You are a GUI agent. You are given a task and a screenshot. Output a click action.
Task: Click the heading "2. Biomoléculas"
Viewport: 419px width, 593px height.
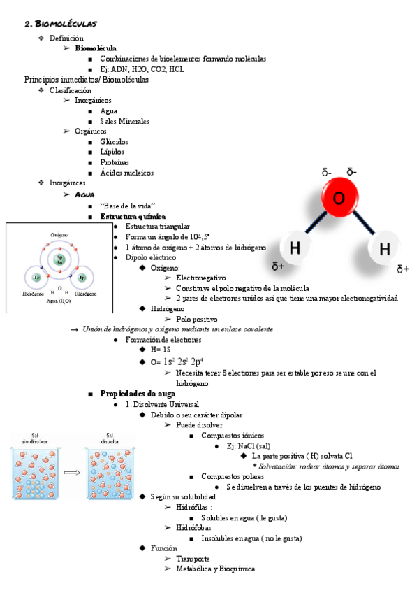[61, 24]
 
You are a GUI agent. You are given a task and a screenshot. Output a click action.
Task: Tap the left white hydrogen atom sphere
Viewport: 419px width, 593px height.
[295, 248]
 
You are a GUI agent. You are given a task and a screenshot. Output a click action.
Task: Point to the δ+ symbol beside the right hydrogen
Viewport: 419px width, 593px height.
[403, 269]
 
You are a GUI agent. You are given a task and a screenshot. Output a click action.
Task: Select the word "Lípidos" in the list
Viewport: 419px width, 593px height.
[112, 152]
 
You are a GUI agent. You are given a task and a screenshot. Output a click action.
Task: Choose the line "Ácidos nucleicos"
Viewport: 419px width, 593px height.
[126, 173]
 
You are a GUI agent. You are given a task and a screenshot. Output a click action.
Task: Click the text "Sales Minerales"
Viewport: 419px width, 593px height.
[124, 121]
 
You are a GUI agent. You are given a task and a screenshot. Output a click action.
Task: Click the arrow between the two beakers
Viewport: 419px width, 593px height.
[71, 473]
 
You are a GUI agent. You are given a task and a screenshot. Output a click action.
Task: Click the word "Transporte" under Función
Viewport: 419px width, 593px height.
[193, 559]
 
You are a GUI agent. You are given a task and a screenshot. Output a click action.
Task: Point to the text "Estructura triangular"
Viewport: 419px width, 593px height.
[157, 227]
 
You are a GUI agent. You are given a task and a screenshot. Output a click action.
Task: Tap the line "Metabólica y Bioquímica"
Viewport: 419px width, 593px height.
[216, 569]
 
